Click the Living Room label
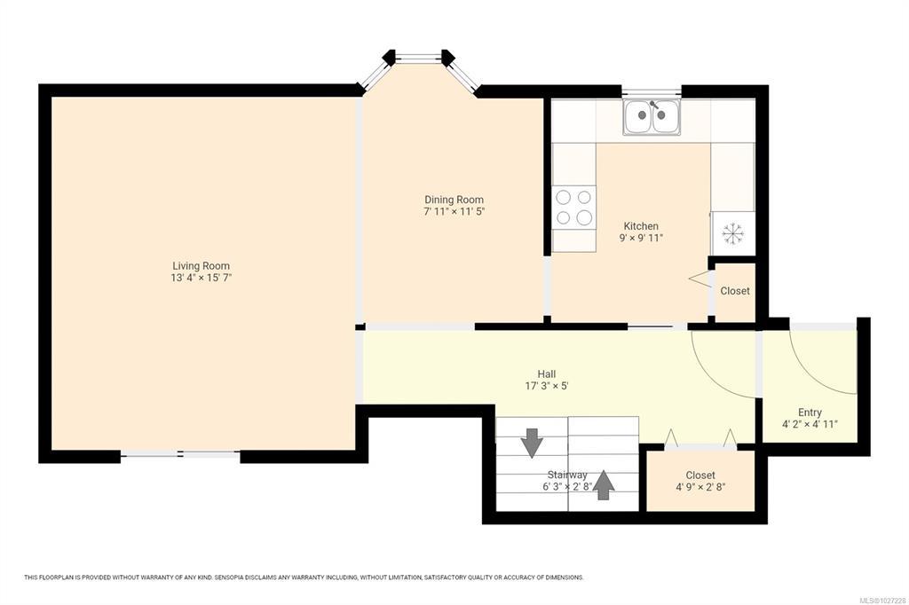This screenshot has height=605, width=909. [x=201, y=266]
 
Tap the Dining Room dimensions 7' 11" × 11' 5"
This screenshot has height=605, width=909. [x=454, y=211]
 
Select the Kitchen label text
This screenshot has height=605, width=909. [x=641, y=226]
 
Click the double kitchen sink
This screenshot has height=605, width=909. [x=652, y=117]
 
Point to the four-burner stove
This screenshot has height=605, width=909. [x=574, y=208]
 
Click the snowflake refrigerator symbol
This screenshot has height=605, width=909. [x=732, y=233]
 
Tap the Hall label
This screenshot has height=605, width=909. [x=546, y=374]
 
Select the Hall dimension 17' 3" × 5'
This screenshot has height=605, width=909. [x=546, y=386]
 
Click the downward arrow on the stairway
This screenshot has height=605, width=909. [x=532, y=443]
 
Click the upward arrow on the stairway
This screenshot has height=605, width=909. [x=604, y=484]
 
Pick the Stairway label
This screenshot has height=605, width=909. [x=567, y=475]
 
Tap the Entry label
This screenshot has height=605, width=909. [x=810, y=412]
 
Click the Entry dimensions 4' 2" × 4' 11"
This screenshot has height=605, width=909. [x=810, y=424]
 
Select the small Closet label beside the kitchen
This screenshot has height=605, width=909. [x=734, y=291]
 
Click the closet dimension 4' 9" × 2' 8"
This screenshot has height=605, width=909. [x=700, y=487]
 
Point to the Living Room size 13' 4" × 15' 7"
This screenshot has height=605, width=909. [x=201, y=278]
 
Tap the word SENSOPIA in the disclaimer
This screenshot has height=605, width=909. [x=228, y=577]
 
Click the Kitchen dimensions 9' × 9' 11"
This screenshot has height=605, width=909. [x=641, y=238]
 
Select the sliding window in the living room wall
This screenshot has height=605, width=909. [x=180, y=455]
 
